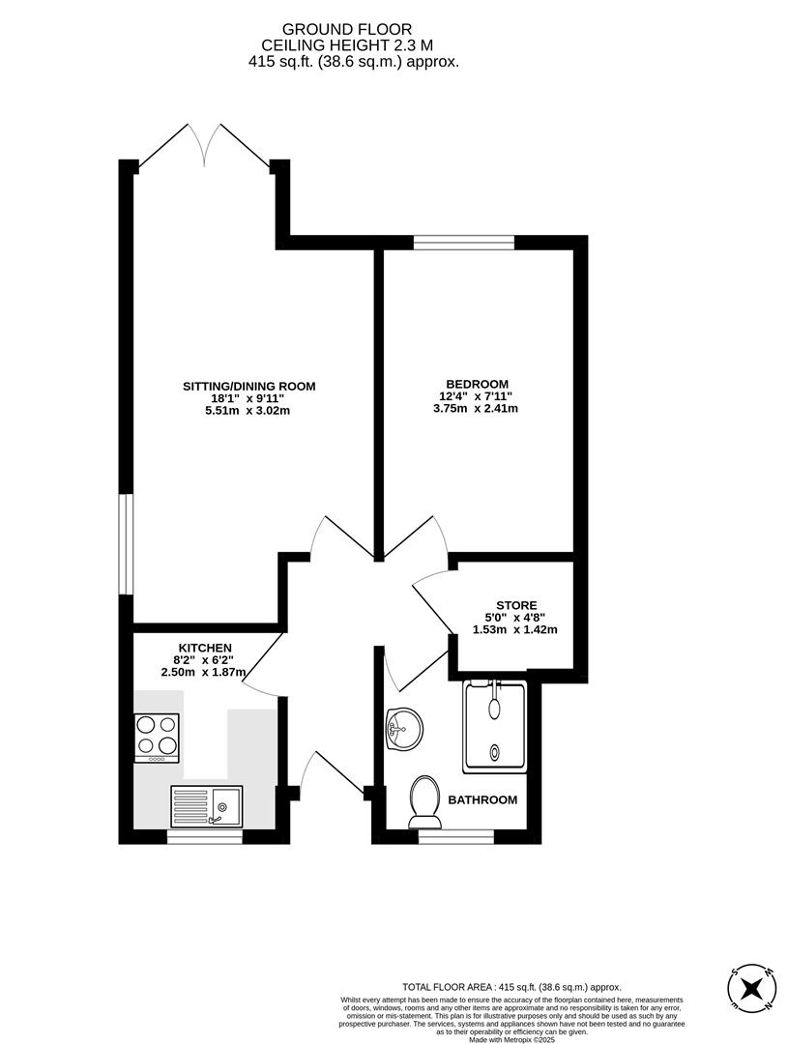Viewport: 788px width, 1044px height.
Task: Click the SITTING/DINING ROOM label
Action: click(249, 387)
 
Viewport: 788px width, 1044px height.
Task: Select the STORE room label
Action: click(516, 605)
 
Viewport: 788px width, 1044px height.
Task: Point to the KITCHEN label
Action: click(205, 648)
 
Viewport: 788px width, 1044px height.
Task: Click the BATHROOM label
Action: click(482, 800)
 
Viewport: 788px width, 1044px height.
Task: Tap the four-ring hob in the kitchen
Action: click(156, 737)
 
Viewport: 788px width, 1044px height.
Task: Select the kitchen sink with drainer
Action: click(208, 804)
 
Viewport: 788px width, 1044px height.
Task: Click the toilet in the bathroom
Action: click(423, 801)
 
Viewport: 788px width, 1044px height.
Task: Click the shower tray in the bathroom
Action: click(496, 726)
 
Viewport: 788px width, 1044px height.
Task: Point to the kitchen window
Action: click(204, 836)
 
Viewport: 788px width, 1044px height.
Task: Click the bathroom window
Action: click(455, 836)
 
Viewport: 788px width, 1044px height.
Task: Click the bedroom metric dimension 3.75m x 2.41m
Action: click(476, 409)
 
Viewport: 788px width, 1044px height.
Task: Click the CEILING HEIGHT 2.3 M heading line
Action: click(353, 45)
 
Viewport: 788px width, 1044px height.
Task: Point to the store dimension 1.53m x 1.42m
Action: click(515, 630)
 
